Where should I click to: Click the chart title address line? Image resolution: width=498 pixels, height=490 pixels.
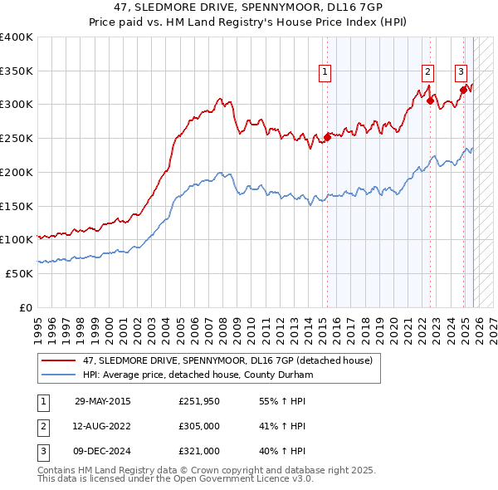point(248,7)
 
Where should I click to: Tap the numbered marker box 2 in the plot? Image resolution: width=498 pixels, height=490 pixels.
point(427,72)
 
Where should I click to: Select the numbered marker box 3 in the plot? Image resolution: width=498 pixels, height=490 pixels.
point(461,72)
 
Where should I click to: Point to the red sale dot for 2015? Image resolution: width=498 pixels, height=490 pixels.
point(327,138)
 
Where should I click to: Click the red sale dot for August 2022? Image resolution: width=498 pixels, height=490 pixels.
point(430,101)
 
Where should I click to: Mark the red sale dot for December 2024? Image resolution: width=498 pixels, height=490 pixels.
point(462,91)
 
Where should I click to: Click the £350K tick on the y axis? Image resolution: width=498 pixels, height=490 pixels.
point(17,71)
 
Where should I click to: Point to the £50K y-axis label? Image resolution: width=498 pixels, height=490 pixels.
point(19,273)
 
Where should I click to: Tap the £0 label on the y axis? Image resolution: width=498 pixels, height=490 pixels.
point(26,307)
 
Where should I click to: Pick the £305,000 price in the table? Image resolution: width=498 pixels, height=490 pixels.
point(199,426)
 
